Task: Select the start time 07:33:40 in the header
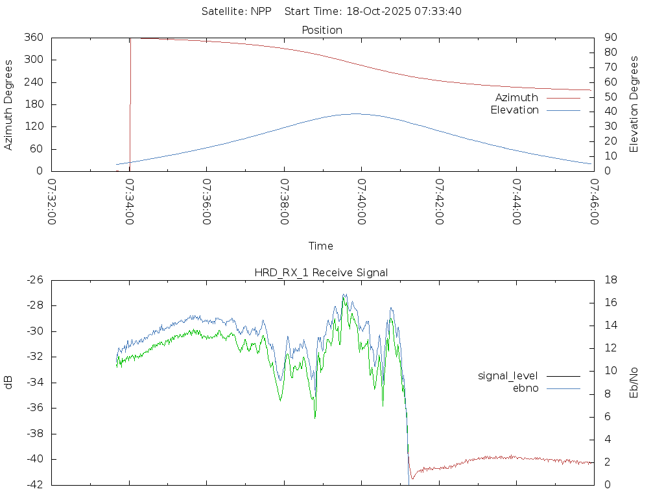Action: tap(440, 11)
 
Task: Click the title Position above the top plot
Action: tap(322, 30)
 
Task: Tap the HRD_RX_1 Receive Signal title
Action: tap(321, 272)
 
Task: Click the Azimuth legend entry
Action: tap(516, 98)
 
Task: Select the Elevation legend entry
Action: tap(514, 110)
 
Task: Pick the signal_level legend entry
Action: tap(508, 375)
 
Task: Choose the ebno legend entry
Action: tap(525, 388)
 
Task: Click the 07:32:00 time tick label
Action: tap(52, 202)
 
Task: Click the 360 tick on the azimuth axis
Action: tap(34, 38)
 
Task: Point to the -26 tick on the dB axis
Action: tap(34, 280)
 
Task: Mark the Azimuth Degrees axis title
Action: tap(8, 104)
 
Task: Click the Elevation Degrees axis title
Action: tap(635, 104)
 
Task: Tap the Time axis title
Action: tap(321, 246)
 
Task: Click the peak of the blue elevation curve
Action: tap(356, 113)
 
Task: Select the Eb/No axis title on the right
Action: tap(635, 383)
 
